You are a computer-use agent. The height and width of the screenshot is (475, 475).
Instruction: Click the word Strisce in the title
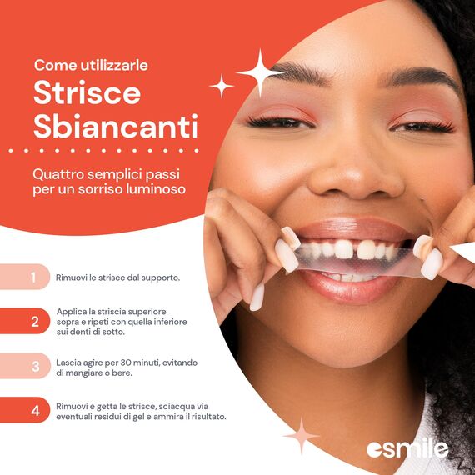click(87, 92)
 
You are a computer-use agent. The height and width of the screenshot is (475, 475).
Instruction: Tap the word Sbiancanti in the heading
click(116, 126)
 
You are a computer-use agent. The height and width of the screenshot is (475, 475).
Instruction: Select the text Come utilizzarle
click(91, 66)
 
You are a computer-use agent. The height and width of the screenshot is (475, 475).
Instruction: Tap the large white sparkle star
click(261, 73)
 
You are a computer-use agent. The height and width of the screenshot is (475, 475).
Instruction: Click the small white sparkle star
click(222, 86)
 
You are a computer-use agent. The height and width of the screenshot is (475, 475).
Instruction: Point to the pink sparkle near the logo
click(302, 436)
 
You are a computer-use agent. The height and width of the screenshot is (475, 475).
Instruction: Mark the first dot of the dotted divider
click(11, 151)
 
